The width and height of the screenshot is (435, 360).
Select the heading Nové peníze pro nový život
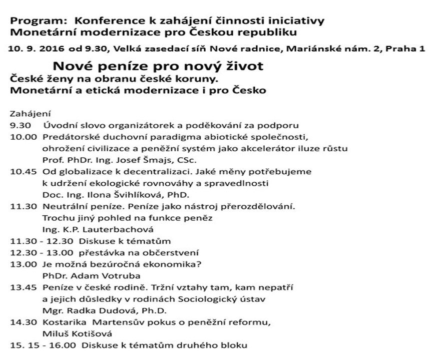(x=158, y=66)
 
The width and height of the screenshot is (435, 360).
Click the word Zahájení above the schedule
(x=30, y=114)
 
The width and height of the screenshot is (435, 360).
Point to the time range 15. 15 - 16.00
(x=43, y=345)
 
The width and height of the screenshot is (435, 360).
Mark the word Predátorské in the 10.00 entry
(x=67, y=137)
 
